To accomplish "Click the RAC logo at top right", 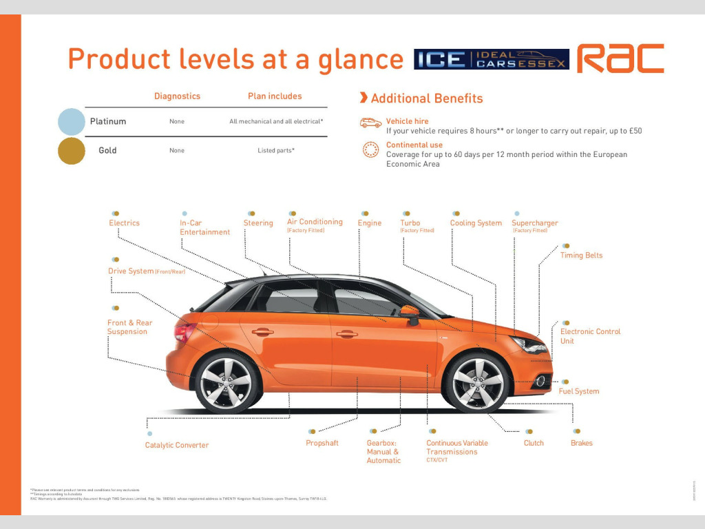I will [x=620, y=59].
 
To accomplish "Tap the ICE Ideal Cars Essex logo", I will [x=492, y=59].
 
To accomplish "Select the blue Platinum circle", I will [x=72, y=121].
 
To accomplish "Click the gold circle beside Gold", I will [x=72, y=151].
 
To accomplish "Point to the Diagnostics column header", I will [x=177, y=96].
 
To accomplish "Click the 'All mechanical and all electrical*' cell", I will [x=276, y=122].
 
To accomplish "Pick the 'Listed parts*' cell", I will [x=275, y=151].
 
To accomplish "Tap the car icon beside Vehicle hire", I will [x=370, y=123].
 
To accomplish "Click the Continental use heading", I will [x=414, y=145].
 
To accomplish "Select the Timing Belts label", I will [x=581, y=256].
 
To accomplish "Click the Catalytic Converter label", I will [x=176, y=445].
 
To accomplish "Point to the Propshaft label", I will [x=322, y=443].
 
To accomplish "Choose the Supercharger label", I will [x=535, y=223].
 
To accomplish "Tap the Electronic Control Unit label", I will [x=590, y=336].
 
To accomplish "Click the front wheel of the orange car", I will [x=478, y=383].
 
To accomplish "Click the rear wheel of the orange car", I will [x=227, y=383].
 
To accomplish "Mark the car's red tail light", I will [x=185, y=333].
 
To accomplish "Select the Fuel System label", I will [x=578, y=391].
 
